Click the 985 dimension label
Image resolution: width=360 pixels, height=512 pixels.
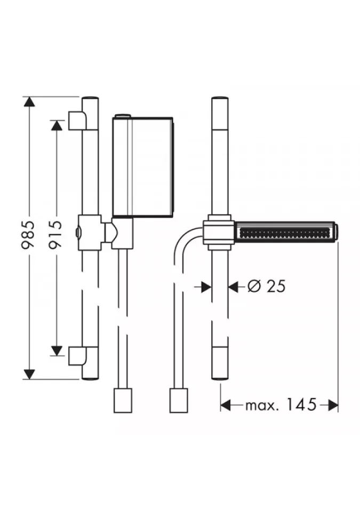coord(28,235)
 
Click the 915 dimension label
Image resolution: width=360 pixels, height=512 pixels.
coord(55,235)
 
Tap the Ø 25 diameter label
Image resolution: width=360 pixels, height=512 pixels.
coord(266,286)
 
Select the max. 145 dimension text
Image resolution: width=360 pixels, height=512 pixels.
coord(281,405)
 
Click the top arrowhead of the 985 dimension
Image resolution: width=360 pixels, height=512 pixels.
coord(29,102)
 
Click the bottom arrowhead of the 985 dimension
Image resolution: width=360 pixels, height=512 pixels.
coord(29,374)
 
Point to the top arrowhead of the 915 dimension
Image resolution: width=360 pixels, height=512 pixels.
coord(57,125)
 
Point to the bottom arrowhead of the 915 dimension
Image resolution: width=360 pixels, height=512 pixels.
coord(57,350)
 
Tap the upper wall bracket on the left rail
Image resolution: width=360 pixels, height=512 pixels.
coord(77,120)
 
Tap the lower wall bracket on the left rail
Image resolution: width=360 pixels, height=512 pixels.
coord(77,356)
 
